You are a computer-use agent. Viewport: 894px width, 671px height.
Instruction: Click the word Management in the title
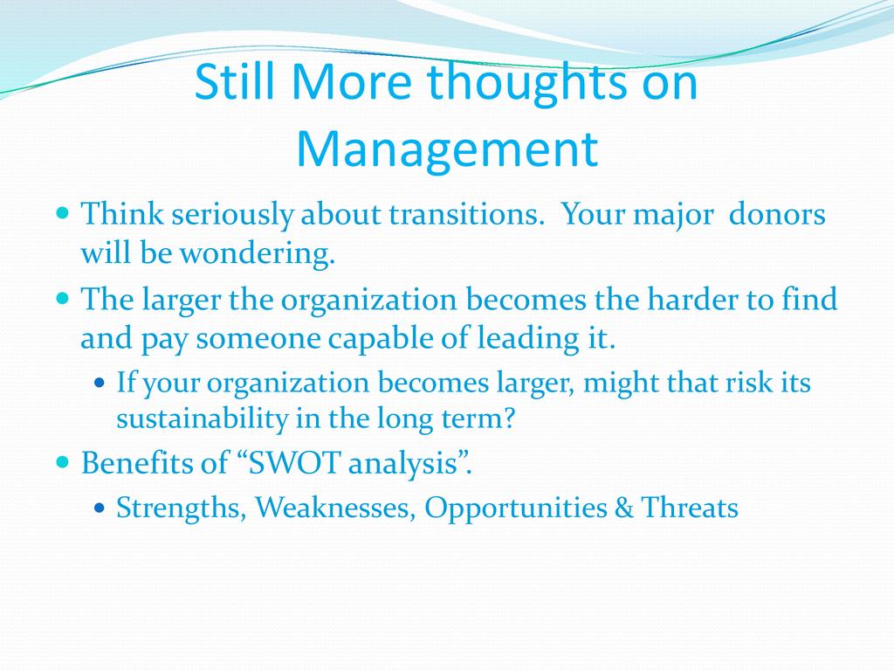click(x=447, y=149)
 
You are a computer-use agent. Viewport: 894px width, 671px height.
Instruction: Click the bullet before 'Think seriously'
click(x=63, y=214)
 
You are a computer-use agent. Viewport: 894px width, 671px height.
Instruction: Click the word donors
click(x=777, y=215)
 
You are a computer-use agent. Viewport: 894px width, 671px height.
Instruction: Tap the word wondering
click(x=258, y=253)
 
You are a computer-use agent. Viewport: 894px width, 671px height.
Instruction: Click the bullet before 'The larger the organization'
click(x=63, y=299)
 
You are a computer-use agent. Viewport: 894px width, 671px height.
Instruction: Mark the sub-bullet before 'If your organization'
click(x=100, y=383)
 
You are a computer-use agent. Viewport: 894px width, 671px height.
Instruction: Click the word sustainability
click(x=203, y=419)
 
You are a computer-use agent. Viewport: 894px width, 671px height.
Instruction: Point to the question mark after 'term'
click(x=508, y=419)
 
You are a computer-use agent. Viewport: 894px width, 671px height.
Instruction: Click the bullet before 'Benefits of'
click(x=63, y=461)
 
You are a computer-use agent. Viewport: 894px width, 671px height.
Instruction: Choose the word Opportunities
click(x=515, y=508)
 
